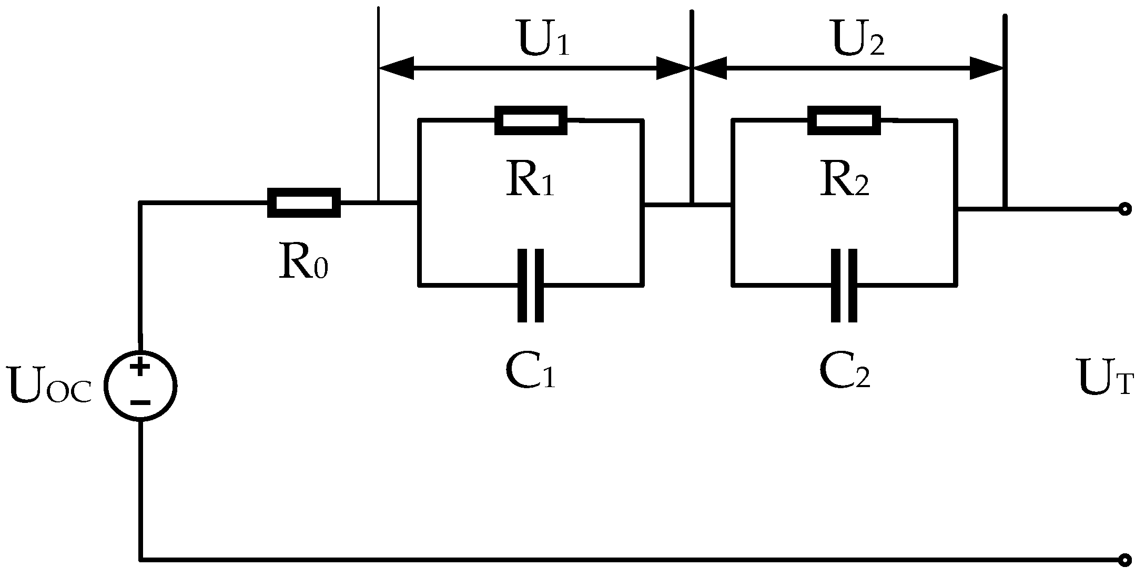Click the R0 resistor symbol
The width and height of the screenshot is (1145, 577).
304,203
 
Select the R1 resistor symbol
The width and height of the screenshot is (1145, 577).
531,120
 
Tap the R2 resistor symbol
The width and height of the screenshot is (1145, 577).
844,120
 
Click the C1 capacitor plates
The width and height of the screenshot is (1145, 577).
531,286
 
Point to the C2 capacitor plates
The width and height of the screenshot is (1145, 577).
844,286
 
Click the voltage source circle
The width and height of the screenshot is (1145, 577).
140,386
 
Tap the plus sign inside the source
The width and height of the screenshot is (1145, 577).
140,367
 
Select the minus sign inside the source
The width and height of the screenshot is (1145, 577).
140,403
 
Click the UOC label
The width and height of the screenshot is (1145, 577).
50,388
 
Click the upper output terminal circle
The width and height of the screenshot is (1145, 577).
1124,209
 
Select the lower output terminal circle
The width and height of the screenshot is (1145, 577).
1124,560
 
